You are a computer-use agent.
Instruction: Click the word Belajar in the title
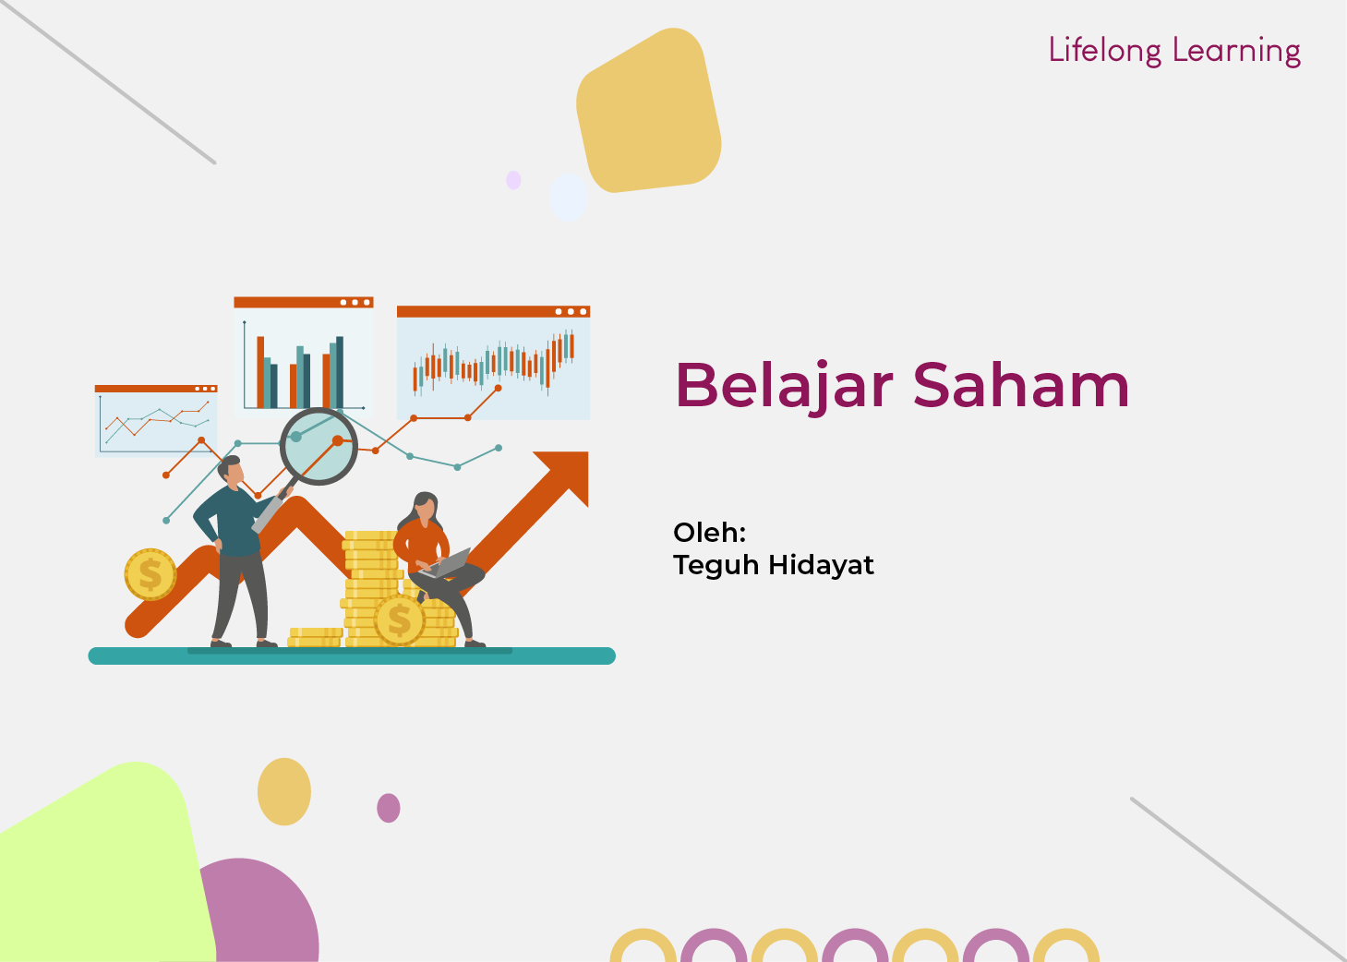coord(784,387)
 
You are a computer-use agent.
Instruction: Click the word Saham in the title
coord(1021,385)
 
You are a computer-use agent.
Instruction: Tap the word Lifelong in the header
coord(1105,51)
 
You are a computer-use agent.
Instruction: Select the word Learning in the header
coord(1236,51)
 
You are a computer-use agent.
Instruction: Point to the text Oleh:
coord(710,532)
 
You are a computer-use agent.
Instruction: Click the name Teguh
coord(716,566)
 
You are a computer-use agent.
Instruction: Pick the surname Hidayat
coord(821,565)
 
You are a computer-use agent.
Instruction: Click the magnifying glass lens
coord(319,446)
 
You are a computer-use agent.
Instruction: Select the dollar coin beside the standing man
coord(150,574)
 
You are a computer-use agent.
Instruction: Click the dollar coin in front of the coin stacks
coord(399,619)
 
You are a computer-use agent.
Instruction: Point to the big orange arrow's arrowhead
coord(565,474)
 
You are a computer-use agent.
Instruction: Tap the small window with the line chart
coord(156,421)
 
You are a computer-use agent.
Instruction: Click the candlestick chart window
coord(493,363)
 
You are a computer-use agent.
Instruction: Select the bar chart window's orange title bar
coord(304,302)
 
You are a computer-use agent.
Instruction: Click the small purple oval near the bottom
coord(389,808)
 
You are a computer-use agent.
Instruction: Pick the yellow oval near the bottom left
coord(284,791)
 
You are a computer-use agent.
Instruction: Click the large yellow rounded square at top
coord(649,110)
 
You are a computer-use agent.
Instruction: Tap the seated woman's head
coord(426,508)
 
